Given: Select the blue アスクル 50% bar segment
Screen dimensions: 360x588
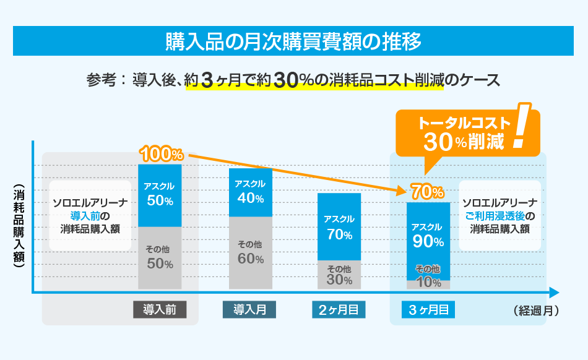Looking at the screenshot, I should tap(159, 195).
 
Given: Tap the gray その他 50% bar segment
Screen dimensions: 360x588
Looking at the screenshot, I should tap(159, 257).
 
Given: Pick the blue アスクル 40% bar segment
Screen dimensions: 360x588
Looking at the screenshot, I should tap(250, 192).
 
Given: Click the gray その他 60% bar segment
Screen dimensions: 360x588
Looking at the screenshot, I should tap(250, 252).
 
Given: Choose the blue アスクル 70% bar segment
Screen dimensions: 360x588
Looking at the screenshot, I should tap(339, 226).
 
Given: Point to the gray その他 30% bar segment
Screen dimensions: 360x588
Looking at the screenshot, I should tap(339, 275).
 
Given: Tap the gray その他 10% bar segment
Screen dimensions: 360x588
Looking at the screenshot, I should tap(428, 284).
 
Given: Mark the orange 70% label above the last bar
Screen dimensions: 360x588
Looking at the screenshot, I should tap(428, 192).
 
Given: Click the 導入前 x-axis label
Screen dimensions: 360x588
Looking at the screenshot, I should tap(160, 310).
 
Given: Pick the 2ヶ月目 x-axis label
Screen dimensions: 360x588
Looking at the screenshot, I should tap(339, 310).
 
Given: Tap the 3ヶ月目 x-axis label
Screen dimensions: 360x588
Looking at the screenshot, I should tap(428, 310).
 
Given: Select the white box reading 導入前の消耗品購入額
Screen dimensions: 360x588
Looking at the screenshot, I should tap(90, 215).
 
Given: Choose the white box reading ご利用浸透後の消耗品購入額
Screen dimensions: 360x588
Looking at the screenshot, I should tap(499, 215).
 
